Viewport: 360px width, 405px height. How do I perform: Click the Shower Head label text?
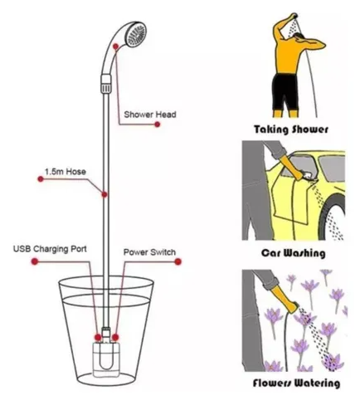click(150, 115)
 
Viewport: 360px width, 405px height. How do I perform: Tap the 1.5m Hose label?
click(66, 172)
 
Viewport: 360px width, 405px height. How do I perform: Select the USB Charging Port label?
click(50, 249)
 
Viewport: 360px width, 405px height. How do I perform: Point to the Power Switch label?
click(149, 252)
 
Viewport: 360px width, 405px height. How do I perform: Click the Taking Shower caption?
click(291, 129)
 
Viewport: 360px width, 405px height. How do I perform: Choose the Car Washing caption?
click(294, 253)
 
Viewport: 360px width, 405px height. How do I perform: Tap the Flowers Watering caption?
click(296, 383)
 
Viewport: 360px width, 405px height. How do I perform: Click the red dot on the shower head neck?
click(116, 46)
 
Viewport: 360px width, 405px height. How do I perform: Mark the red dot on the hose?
click(105, 195)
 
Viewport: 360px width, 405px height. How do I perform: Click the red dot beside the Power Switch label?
click(178, 261)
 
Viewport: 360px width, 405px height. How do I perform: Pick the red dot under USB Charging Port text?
click(35, 261)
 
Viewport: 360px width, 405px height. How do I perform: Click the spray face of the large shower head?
click(136, 35)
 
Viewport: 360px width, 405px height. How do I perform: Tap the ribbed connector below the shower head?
click(106, 83)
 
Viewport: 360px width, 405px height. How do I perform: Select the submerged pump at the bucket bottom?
click(106, 355)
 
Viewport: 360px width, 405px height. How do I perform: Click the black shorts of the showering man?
click(285, 92)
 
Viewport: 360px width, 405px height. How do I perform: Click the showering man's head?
click(299, 38)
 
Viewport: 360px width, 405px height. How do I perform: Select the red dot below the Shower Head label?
click(158, 124)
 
